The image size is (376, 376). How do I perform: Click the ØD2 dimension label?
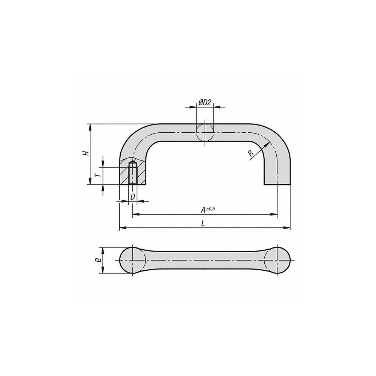(205, 102)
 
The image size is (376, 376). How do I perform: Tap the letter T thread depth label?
(97, 176)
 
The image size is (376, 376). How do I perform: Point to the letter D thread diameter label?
(132, 197)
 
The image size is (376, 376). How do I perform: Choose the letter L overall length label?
(203, 223)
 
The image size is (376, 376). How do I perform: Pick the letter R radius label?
(251, 153)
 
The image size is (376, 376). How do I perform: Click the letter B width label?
(97, 260)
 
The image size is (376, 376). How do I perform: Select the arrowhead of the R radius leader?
(268, 144)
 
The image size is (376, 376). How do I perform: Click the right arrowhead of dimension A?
(275, 214)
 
